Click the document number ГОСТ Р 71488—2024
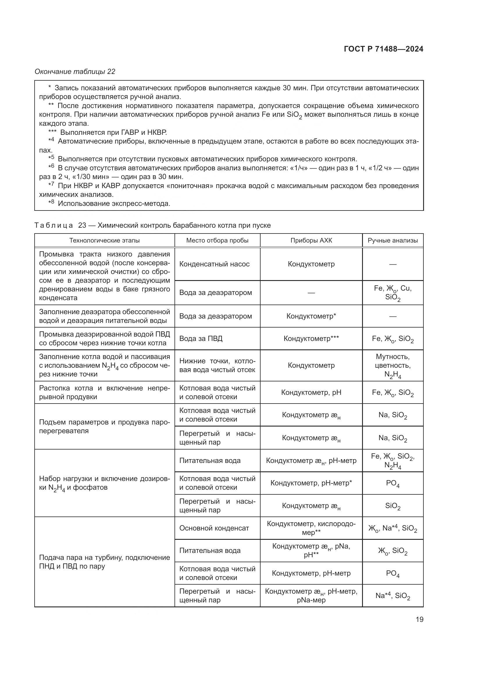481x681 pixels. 383,49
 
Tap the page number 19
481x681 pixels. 419,619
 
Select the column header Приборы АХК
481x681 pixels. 311,240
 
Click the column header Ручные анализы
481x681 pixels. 392,240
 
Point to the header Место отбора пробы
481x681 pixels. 217,240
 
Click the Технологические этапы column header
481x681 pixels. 104,240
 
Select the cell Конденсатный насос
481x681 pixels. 214,264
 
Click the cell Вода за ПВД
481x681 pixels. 201,338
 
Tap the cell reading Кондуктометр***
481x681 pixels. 311,338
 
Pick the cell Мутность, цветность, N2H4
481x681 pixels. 392,365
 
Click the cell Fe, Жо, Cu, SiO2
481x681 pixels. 392,293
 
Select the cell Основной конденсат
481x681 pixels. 214,528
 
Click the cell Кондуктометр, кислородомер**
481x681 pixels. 311,528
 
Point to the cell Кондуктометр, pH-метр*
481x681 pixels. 311,483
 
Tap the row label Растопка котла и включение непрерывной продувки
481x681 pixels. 104,392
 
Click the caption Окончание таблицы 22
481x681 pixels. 75,72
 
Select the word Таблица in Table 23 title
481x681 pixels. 54,225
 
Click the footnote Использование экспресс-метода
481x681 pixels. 114,204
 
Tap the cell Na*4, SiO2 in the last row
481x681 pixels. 392,596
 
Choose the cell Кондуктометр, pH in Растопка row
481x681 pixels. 311,392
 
